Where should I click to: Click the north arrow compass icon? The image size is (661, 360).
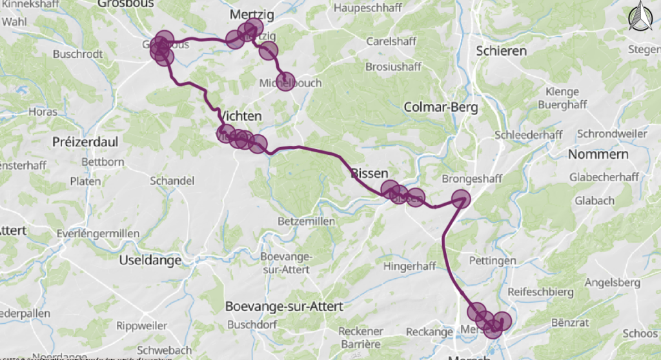(x=640, y=16)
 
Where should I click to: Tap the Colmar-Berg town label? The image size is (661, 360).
(x=440, y=107)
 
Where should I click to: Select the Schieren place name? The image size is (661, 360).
(x=501, y=50)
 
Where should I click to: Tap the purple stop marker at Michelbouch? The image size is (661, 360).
(x=285, y=82)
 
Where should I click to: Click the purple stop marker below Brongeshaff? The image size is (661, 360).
(x=461, y=199)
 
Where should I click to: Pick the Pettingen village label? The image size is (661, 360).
(x=493, y=261)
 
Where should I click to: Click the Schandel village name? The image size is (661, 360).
(x=172, y=181)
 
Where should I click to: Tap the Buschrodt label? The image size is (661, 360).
(x=77, y=54)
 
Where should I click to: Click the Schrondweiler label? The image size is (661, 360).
(x=611, y=134)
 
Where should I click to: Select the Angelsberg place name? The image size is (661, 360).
(x=612, y=283)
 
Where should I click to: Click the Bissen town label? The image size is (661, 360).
(x=370, y=173)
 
